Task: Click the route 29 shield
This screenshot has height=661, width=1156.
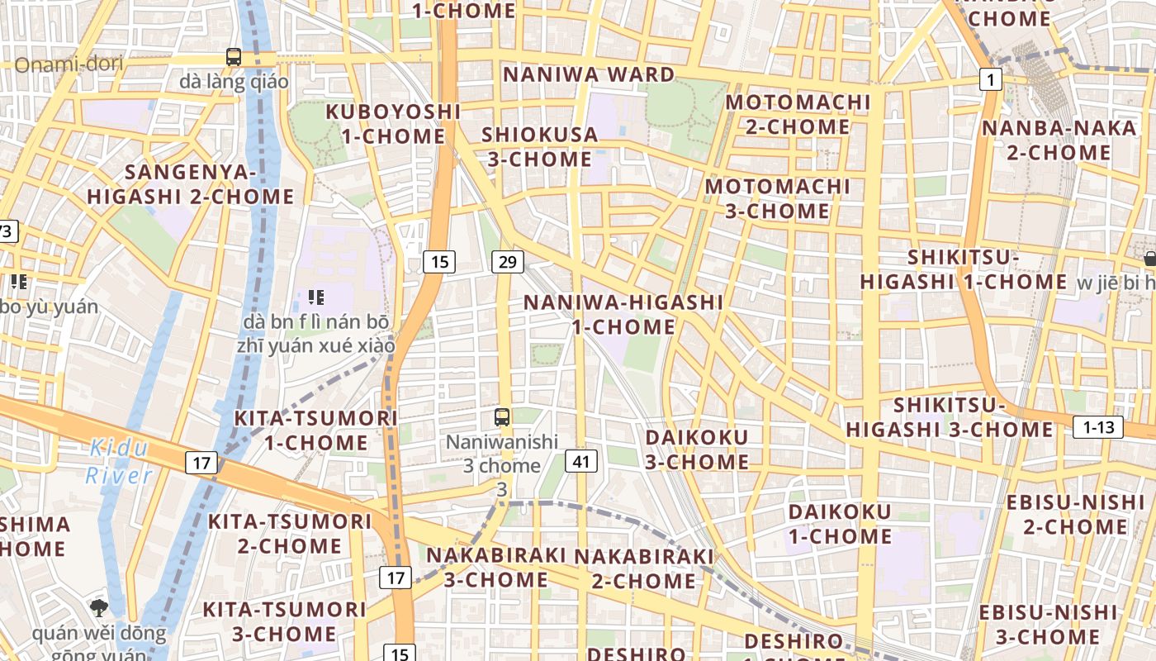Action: tap(507, 262)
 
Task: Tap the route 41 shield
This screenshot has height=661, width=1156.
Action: tap(581, 461)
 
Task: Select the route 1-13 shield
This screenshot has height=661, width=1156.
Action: tap(1098, 427)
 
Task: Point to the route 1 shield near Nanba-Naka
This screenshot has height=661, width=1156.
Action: tap(991, 79)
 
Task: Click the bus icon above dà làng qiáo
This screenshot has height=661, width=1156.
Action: tap(234, 57)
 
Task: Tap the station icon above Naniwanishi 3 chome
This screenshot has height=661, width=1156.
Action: tap(501, 416)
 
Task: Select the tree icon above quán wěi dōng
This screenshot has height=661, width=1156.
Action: tap(99, 608)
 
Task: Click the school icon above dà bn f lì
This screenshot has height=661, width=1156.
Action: tap(315, 297)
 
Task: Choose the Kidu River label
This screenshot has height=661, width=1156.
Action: tap(119, 462)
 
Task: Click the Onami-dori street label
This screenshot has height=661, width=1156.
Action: tap(69, 64)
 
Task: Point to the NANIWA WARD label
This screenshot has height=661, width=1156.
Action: tap(589, 74)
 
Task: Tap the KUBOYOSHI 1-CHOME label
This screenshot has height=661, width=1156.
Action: tap(393, 123)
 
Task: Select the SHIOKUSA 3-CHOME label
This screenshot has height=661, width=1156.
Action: tap(538, 146)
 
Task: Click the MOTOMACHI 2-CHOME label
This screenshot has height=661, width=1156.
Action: tap(798, 114)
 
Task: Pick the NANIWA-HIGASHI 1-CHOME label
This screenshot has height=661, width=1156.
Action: tap(623, 314)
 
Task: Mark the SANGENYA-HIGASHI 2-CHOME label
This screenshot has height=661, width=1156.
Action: tap(191, 184)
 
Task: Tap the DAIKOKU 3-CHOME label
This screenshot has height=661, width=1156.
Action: tap(697, 449)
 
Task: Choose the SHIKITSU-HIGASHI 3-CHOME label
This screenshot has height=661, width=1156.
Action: tap(950, 417)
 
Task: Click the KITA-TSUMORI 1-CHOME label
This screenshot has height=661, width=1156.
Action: tap(316, 430)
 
